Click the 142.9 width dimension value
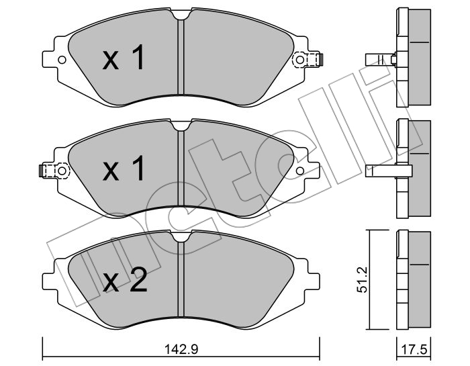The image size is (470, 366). coord(181,349)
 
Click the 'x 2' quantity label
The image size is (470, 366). coord(125,280)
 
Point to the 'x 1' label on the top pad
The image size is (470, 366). coord(123,57)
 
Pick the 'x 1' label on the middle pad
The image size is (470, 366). coord(123,169)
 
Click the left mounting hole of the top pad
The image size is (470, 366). coord(62,60)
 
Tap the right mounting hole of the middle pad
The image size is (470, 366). coord(299,171)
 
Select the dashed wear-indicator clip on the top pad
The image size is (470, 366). coord(307,60)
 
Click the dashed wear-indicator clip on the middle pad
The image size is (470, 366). coord(54,171)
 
